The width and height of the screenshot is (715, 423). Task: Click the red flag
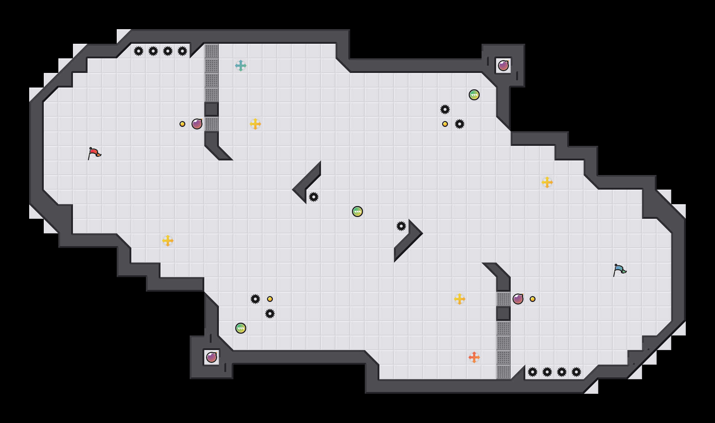coord(94,153)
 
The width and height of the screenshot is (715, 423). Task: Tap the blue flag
coord(619,270)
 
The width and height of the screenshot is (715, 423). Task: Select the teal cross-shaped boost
coord(241,66)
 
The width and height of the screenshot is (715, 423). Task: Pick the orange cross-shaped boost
coord(474,357)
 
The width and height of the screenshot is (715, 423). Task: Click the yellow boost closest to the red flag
coord(168,241)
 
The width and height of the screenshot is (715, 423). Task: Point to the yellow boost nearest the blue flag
coord(547,182)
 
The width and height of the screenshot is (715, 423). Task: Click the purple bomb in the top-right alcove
coord(503,66)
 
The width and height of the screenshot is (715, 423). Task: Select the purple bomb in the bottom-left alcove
coord(212,357)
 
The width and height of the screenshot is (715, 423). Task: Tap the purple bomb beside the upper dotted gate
coord(197,124)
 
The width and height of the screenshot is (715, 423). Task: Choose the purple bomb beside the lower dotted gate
coord(518,299)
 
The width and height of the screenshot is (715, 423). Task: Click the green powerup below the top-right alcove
coord(474,95)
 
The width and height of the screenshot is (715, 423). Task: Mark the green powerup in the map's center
coord(357,211)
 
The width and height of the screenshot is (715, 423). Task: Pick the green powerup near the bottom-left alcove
coord(241,328)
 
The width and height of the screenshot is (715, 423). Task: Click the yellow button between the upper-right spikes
coord(445,124)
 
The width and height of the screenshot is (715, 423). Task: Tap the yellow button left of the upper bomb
coord(182,124)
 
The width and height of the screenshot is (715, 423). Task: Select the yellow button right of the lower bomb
coord(533,299)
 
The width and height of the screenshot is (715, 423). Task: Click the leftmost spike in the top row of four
coord(139,51)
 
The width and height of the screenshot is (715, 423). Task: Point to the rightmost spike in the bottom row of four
coord(576,372)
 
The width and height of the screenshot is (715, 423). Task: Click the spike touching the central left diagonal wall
coord(314,197)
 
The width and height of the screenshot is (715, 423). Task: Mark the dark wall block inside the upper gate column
coord(212,109)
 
